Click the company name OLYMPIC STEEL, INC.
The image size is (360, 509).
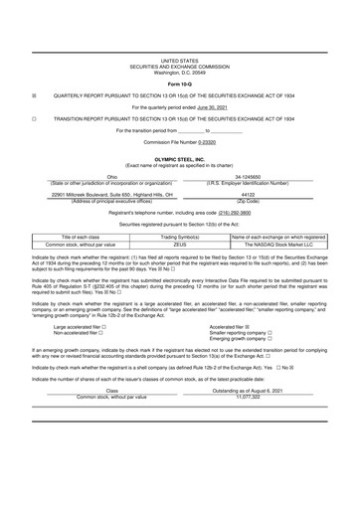tap(180, 158)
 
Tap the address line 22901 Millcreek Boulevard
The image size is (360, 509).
tap(96, 195)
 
